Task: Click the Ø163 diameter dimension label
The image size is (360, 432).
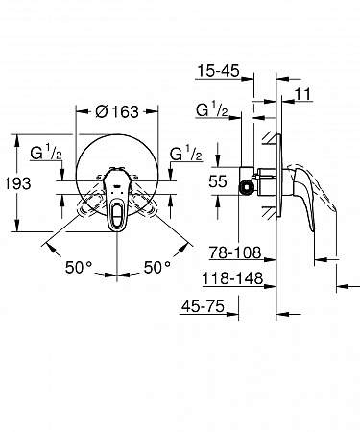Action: [117, 111]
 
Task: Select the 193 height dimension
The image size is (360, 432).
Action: [17, 183]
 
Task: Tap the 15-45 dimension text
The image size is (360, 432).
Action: [218, 71]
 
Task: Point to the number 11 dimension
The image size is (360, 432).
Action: [302, 94]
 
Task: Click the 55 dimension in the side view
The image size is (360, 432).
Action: [218, 181]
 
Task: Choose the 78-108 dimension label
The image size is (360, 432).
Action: [235, 252]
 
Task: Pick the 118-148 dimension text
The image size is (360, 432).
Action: [232, 278]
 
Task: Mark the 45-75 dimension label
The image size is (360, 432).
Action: [203, 306]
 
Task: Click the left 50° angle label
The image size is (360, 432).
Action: [79, 267]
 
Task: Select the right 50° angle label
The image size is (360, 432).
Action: [157, 267]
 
